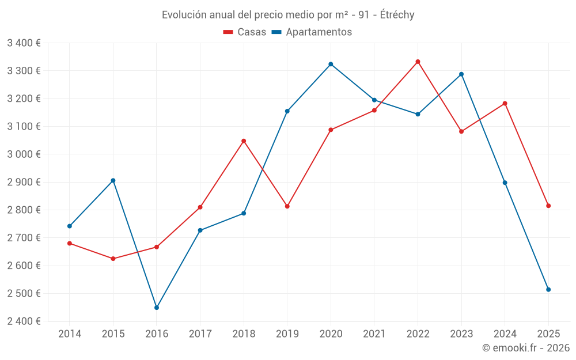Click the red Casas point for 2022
point(418,62)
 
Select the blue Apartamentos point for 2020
point(331,64)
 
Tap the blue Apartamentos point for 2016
point(157,308)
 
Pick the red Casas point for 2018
point(244,141)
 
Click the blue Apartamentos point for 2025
point(548,290)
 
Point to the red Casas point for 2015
point(113,259)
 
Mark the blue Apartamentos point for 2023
point(461,74)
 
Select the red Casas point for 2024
point(505,104)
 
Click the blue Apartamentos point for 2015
point(113,180)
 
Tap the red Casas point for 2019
point(287,206)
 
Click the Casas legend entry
point(245,32)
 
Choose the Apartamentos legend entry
point(312,32)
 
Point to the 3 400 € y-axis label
point(24,43)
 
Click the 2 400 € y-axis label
point(24,321)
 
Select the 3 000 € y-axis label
point(24,154)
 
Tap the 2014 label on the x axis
point(70,334)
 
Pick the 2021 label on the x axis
point(374,334)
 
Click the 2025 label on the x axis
point(548,334)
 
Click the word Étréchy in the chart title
point(397,15)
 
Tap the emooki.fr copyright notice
point(526,348)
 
